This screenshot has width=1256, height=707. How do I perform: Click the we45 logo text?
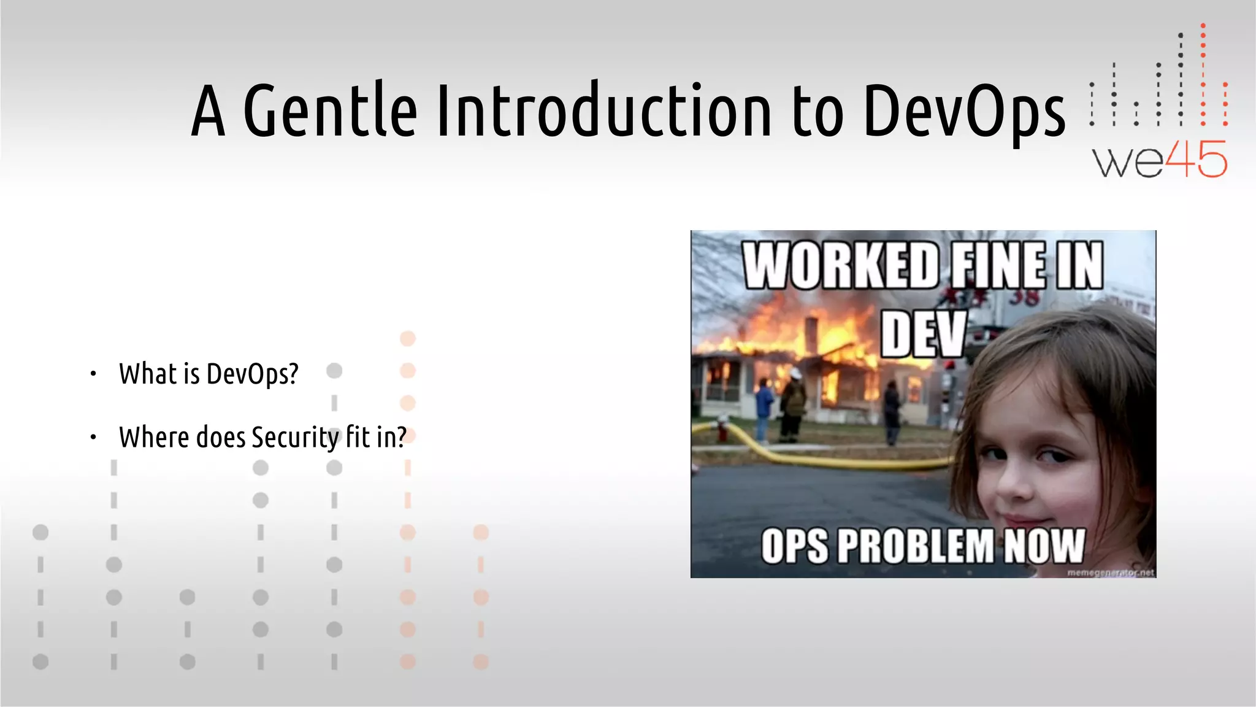(x=1158, y=160)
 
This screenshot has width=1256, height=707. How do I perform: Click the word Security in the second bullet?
(x=295, y=438)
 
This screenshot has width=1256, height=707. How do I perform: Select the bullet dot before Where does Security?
(x=93, y=438)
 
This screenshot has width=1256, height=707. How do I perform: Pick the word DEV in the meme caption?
(x=924, y=334)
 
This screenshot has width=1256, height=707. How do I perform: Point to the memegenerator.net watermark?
(x=1110, y=573)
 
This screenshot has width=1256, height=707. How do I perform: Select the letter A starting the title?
(x=209, y=111)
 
